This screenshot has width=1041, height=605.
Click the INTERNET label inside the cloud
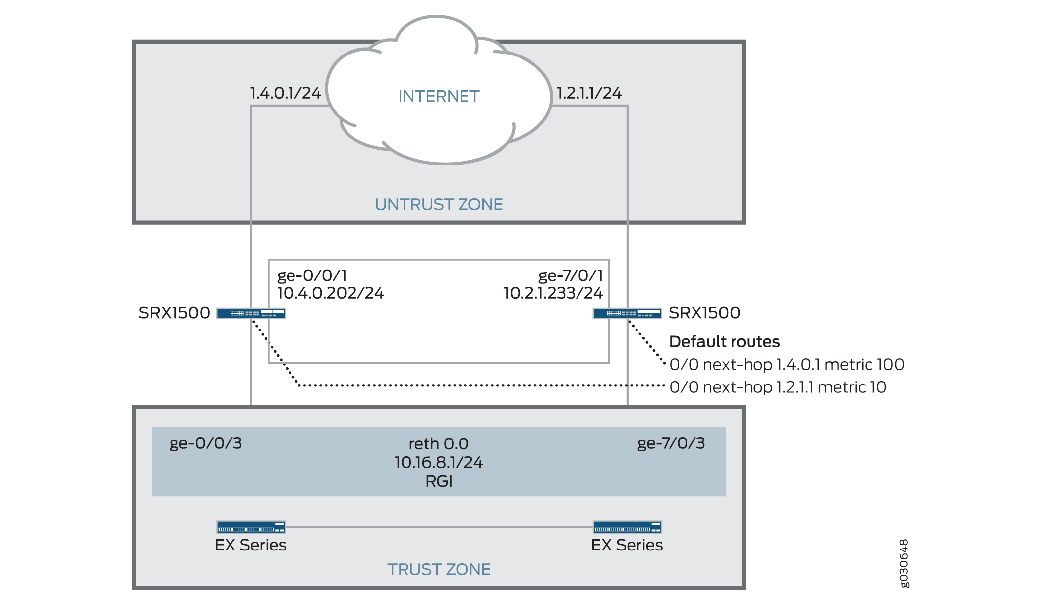[439, 96]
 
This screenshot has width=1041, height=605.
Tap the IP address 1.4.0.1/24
[285, 93]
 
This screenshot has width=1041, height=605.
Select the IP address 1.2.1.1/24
[589, 93]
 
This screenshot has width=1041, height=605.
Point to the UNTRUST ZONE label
[439, 204]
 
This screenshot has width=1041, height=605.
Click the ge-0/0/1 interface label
[312, 275]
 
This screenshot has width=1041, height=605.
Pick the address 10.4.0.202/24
[330, 293]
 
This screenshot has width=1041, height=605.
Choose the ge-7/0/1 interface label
[571, 275]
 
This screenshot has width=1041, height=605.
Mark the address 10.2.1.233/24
[553, 293]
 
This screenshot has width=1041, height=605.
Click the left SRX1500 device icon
[251, 313]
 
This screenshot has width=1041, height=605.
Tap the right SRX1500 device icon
[627, 313]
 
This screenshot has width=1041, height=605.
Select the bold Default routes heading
[724, 342]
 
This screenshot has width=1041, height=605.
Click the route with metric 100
[787, 365]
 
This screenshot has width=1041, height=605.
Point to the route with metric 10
[778, 387]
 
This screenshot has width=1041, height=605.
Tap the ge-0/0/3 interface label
[206, 443]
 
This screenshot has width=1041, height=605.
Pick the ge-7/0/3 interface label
[671, 443]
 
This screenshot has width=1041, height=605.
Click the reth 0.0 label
[439, 444]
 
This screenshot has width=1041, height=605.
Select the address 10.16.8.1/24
[439, 463]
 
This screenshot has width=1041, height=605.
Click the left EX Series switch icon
[251, 527]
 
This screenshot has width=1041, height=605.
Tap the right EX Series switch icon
[627, 527]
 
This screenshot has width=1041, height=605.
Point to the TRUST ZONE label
[439, 569]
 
